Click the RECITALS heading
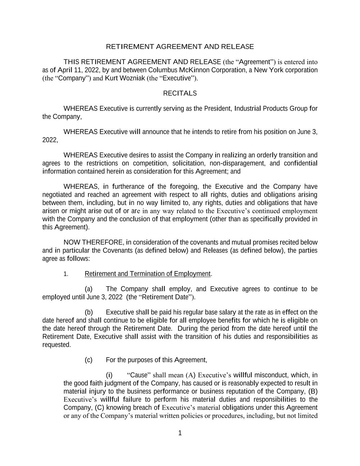point(180,93)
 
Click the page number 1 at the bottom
point(180,433)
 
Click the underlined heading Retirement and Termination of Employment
point(148,274)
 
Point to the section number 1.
point(66,274)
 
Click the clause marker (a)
point(89,289)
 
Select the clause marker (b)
point(89,312)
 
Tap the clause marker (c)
point(89,360)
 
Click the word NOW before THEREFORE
point(72,242)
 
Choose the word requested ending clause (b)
point(56,345)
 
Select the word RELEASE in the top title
point(237,46)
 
